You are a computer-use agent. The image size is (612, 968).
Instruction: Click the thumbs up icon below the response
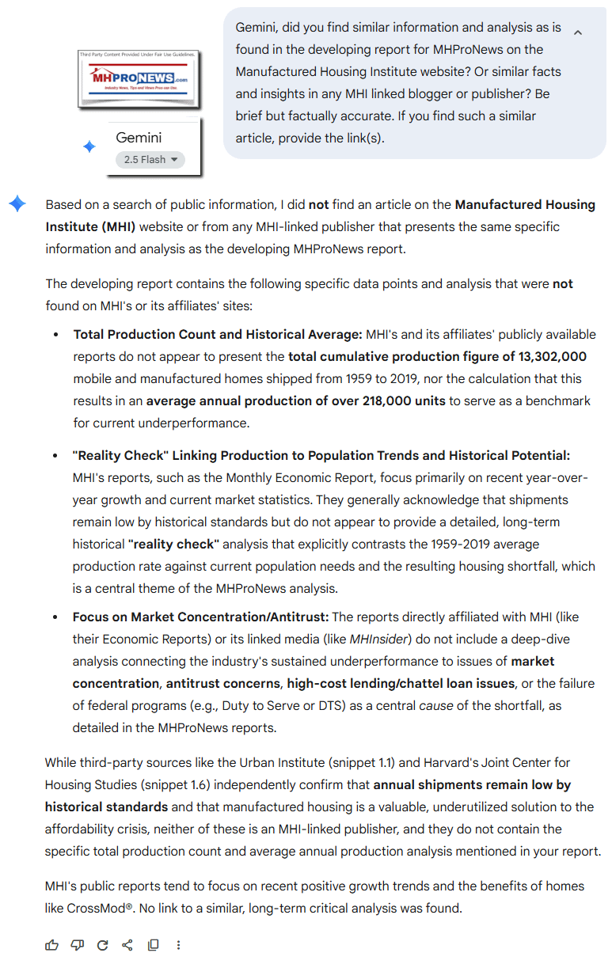click(52, 944)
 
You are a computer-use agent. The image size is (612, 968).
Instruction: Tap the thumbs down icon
click(77, 944)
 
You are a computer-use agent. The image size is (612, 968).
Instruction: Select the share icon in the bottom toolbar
click(127, 944)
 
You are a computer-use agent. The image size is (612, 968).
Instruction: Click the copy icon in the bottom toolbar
click(153, 944)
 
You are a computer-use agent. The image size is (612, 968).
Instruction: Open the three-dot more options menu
click(179, 944)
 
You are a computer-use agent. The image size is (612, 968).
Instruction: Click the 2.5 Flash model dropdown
click(150, 159)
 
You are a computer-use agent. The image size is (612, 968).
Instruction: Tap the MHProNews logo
click(138, 79)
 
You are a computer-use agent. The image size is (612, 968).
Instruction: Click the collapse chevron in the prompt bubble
click(577, 32)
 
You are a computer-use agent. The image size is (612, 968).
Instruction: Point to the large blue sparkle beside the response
click(17, 204)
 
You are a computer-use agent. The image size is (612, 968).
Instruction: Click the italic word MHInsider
click(378, 639)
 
